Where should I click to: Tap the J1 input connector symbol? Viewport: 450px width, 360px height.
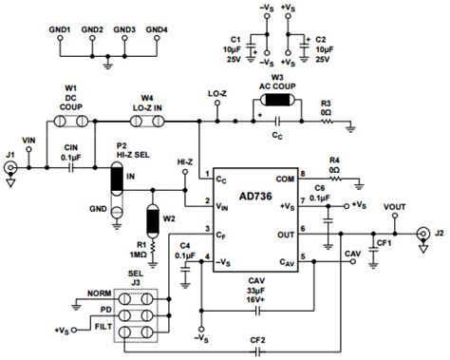[x=12, y=170]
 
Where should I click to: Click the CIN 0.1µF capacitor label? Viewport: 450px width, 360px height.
[x=72, y=152]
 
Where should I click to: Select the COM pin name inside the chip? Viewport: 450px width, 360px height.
[x=285, y=176]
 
